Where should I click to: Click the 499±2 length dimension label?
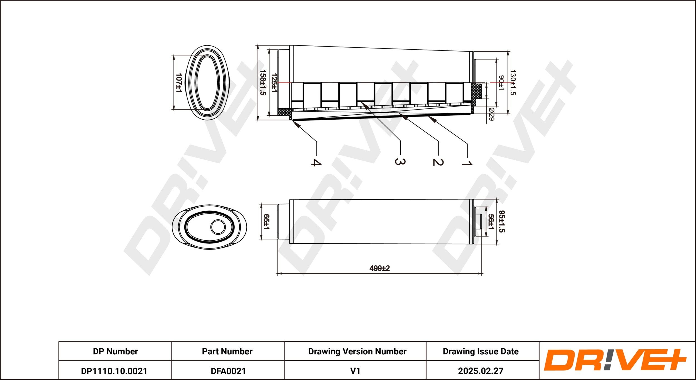coord(379,268)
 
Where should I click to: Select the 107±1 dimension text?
coord(179,83)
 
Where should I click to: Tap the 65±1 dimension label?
coord(266,222)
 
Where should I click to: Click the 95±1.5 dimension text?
coord(502,221)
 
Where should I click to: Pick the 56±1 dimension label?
coord(491,222)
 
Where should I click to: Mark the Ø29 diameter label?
coord(491,114)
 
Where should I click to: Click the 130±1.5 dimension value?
coord(513,83)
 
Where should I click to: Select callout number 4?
coord(316,162)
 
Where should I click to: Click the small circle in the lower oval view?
coord(218,227)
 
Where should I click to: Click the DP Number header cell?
coord(115,351)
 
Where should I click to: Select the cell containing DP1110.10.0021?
coord(114,371)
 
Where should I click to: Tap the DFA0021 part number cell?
coord(228,371)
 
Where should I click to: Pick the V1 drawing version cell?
coord(355,371)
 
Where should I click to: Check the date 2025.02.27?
coord(481,371)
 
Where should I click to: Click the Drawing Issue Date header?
coord(481,351)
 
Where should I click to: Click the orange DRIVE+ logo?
coord(615,360)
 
